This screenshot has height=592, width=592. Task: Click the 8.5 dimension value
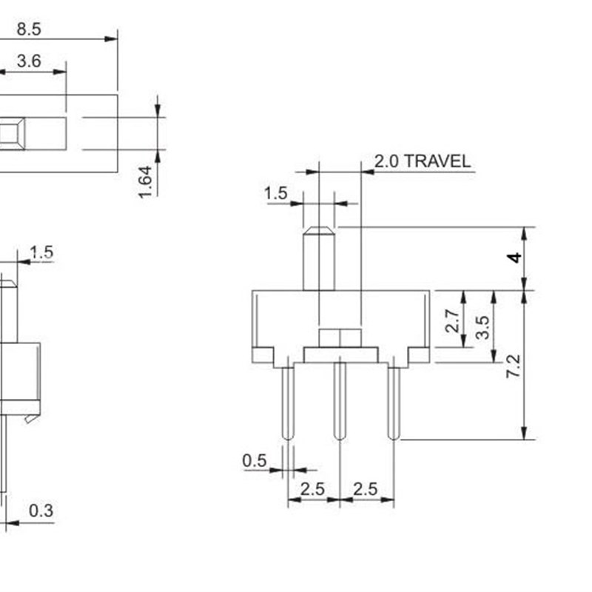tap(28, 29)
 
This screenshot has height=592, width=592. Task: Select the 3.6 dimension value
tap(28, 62)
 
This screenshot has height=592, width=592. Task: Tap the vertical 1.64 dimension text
tap(146, 181)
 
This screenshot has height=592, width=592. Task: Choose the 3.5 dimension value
tap(482, 326)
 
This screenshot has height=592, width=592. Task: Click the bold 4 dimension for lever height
tap(514, 258)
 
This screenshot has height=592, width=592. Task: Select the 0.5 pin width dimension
tap(254, 461)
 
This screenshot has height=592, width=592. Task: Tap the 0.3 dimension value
tap(41, 511)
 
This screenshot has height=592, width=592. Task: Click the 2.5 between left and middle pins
tap(312, 489)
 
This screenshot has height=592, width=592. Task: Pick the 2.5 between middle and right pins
tap(366, 489)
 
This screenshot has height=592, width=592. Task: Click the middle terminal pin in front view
tap(340, 400)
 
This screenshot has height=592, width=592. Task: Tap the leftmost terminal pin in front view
tap(288, 400)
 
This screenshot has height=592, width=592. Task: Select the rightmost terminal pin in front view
tap(394, 400)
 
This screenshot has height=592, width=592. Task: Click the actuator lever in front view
tap(319, 259)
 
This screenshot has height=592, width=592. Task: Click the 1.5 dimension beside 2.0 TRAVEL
tap(275, 194)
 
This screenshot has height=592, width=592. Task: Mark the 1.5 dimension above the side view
tap(41, 252)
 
